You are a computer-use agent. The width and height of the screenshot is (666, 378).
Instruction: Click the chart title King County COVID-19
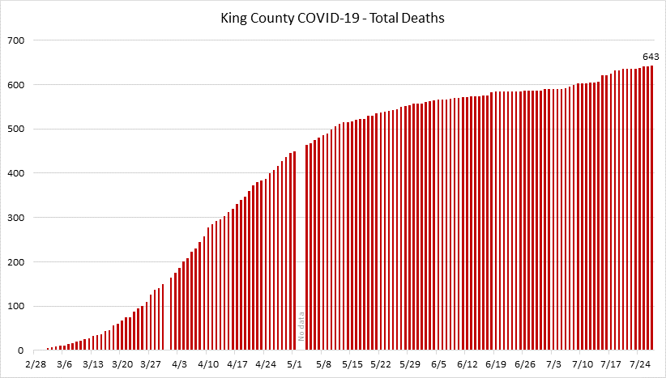[x=333, y=18]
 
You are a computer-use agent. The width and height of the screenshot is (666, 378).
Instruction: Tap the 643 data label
[x=651, y=57]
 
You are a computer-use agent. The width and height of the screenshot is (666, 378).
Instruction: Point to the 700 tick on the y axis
[x=17, y=40]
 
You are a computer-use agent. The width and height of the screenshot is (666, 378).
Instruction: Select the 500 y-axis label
[x=17, y=129]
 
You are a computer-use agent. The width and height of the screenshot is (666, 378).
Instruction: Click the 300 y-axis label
[x=17, y=218]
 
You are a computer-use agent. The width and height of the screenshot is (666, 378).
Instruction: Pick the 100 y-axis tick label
[x=17, y=306]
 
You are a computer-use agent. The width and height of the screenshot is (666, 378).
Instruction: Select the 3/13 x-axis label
[x=92, y=365]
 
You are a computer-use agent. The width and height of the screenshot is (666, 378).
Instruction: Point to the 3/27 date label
[x=151, y=365]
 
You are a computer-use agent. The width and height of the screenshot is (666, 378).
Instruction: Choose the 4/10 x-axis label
[x=208, y=365]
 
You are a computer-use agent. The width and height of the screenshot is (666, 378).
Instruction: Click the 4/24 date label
[x=266, y=365]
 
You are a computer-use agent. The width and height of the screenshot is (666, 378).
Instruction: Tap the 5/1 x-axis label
[x=295, y=365]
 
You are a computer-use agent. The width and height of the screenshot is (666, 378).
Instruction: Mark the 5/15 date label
[x=352, y=365]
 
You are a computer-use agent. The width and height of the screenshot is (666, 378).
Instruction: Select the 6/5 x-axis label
[x=438, y=365]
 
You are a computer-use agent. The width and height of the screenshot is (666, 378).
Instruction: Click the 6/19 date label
[x=496, y=365]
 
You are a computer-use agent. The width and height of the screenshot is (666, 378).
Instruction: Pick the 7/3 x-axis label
[x=553, y=365]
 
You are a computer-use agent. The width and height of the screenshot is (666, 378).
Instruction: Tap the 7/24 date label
[x=640, y=365]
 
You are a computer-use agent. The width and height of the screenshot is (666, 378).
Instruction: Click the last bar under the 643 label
[x=651, y=210]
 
